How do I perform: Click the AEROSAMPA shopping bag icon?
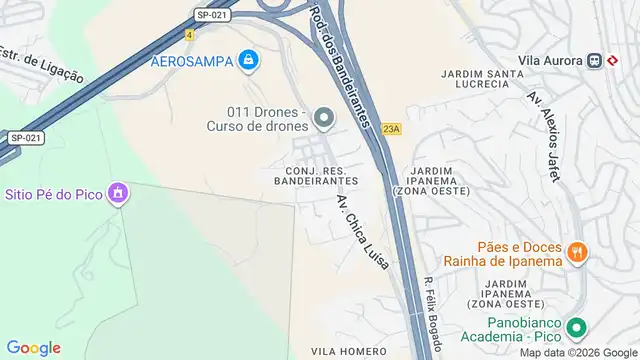point(248,62)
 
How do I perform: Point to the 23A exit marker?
point(391,128)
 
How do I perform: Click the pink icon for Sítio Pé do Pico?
point(119,192)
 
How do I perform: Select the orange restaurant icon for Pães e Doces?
point(576,253)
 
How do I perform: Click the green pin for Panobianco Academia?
point(576,327)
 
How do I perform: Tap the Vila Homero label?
point(348,351)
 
